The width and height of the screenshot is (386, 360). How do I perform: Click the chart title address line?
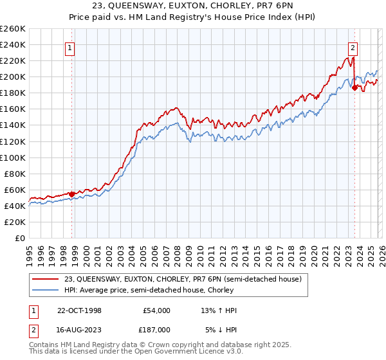[x=193, y=7]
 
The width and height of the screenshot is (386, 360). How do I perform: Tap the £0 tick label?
[x=21, y=238]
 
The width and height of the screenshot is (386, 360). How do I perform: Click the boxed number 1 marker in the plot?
[x=69, y=46]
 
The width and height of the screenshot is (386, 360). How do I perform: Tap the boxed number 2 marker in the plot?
[x=353, y=46]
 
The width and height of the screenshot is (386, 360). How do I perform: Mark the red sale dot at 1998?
[x=72, y=194]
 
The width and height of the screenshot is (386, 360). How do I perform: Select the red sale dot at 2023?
[x=354, y=87]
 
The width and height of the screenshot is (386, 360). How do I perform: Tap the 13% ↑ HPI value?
[x=219, y=311]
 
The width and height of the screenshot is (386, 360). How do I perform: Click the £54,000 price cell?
[x=156, y=311]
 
